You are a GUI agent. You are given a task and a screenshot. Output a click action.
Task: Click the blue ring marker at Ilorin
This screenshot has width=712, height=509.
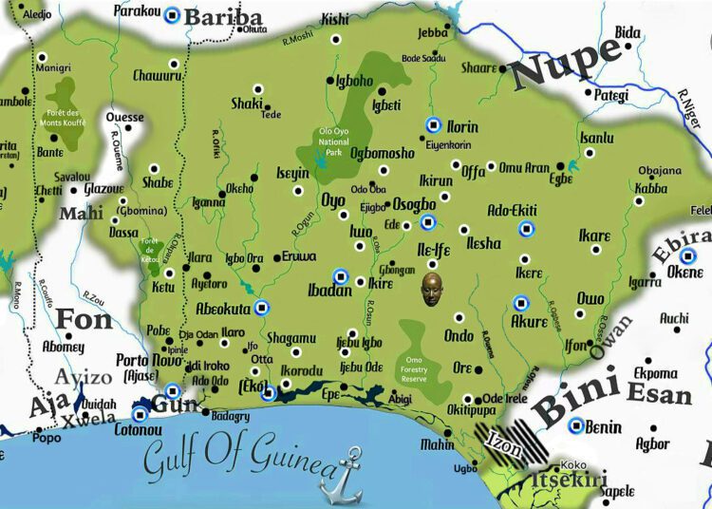tap(433, 124)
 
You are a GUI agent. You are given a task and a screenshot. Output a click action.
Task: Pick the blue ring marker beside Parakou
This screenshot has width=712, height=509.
tap(172, 15)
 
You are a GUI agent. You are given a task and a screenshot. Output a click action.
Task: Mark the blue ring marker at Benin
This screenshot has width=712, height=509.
tap(575, 425)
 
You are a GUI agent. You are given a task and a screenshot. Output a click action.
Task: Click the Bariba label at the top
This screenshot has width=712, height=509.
tap(222, 18)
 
